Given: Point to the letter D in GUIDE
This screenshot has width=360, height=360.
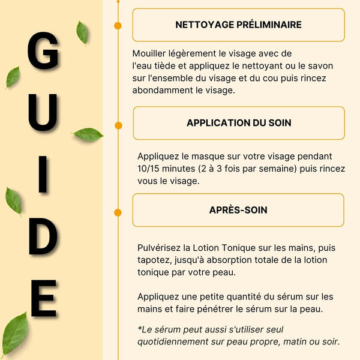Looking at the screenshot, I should pyautogui.click(x=43, y=236).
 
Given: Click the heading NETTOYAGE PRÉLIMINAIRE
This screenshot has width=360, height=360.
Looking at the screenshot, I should pyautogui.click(x=238, y=25).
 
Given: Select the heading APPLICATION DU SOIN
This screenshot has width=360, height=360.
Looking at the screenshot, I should pyautogui.click(x=239, y=122).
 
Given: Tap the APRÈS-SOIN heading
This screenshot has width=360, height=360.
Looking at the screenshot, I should pyautogui.click(x=238, y=210).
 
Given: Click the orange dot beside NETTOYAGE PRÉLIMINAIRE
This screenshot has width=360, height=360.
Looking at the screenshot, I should pyautogui.click(x=118, y=25).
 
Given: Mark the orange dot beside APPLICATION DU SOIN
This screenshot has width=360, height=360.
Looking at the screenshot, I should pyautogui.click(x=118, y=125).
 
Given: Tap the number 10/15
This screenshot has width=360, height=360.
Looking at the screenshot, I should pyautogui.click(x=151, y=168).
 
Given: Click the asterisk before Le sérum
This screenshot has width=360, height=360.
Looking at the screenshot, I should pyautogui.click(x=140, y=328).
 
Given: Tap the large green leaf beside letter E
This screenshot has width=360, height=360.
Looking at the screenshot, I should pyautogui.click(x=14, y=334).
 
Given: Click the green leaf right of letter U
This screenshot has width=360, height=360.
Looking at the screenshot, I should pyautogui.click(x=88, y=134).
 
